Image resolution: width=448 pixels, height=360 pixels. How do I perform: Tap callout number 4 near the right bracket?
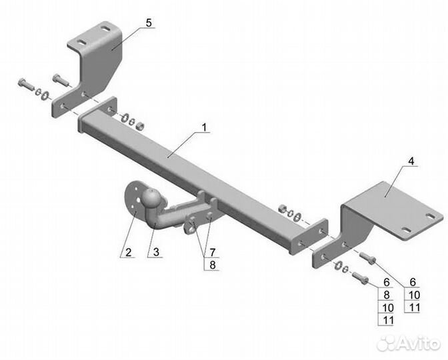[x=411, y=161]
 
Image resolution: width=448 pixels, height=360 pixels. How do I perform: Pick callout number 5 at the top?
[x=148, y=23]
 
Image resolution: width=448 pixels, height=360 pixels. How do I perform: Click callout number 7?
[x=213, y=253]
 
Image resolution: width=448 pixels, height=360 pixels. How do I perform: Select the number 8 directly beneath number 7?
[x=213, y=264]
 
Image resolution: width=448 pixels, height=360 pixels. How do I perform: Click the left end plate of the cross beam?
[x=107, y=110]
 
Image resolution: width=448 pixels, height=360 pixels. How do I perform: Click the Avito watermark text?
[x=413, y=343]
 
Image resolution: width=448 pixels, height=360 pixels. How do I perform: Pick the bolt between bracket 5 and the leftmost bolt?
[x=59, y=81]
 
